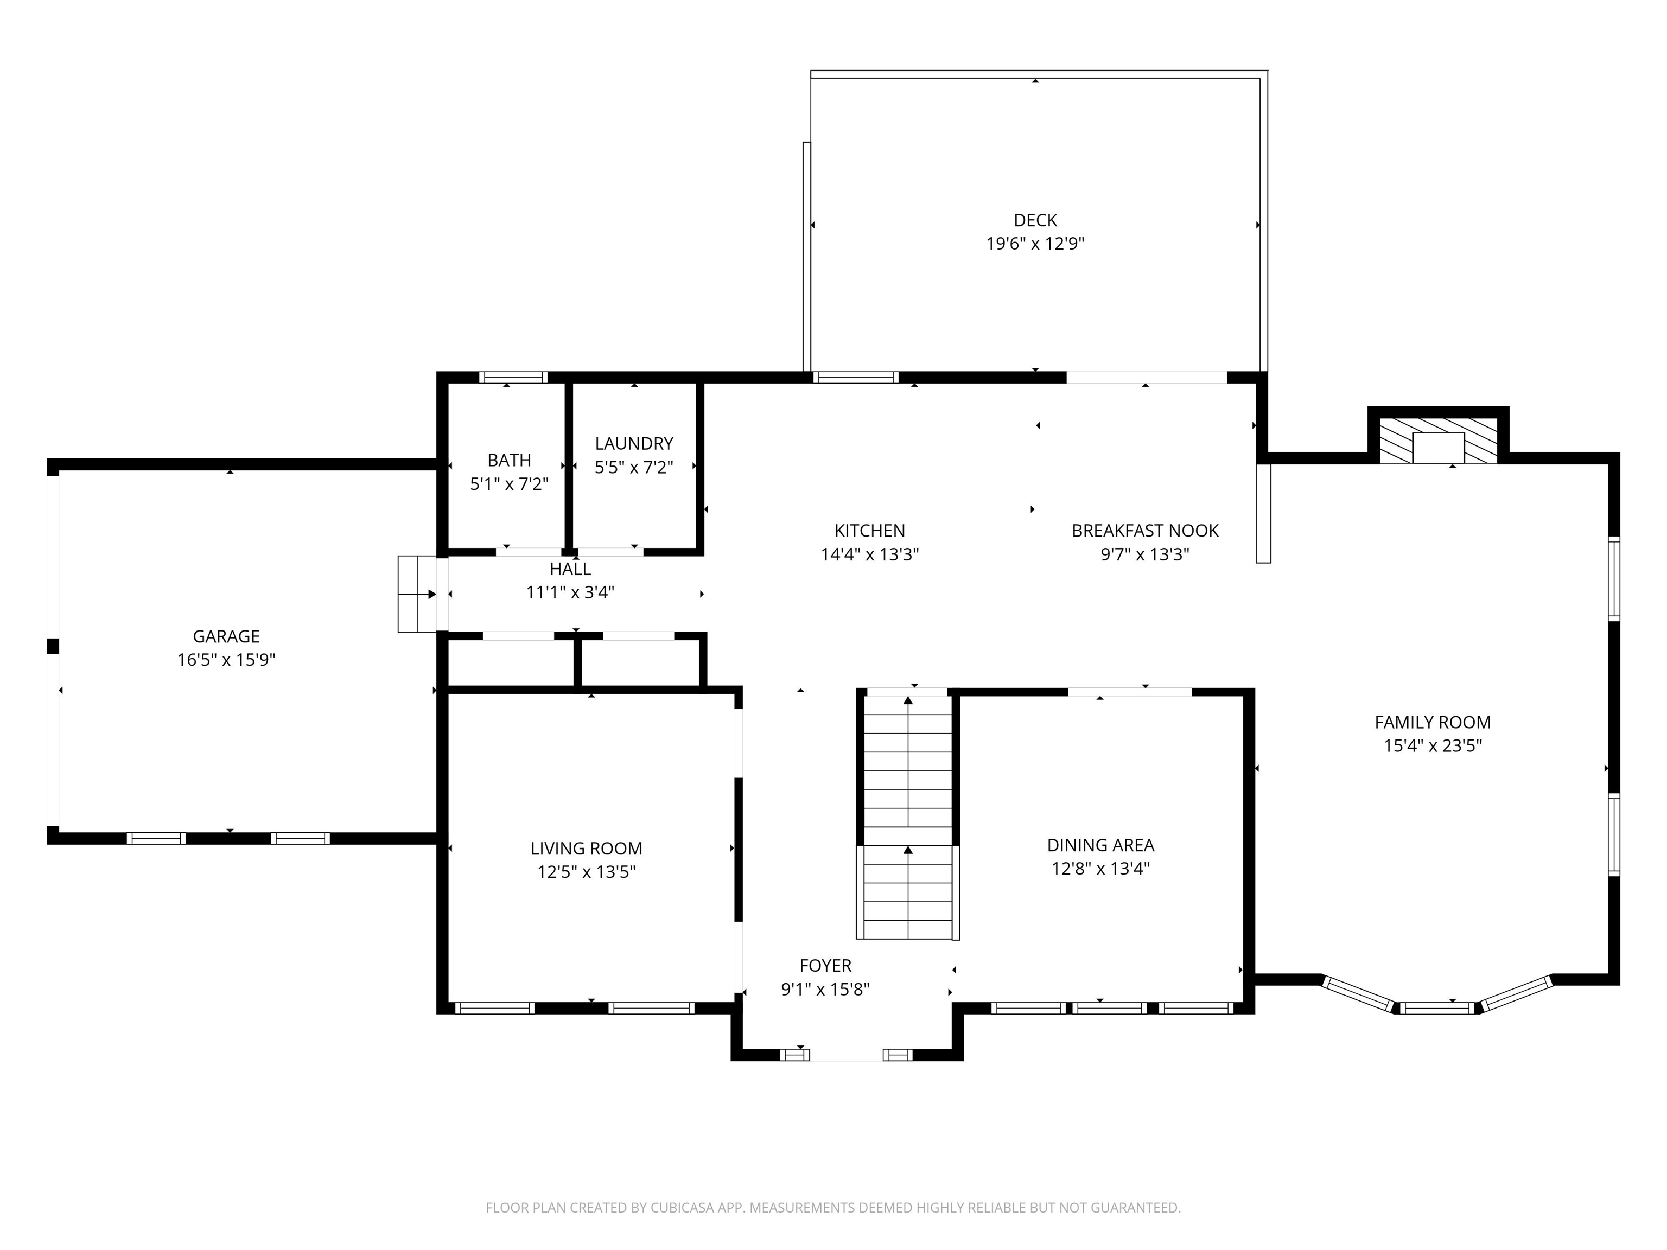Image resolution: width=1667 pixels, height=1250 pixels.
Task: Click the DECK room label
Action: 1035,220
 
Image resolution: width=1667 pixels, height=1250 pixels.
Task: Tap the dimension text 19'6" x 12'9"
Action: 1035,244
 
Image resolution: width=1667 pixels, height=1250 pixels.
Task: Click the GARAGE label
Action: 226,636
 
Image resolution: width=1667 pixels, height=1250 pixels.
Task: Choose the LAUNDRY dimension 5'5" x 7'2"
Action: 633,467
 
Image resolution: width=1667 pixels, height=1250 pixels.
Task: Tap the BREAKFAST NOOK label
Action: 1145,531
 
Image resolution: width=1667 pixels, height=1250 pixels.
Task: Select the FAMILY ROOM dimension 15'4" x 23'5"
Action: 1432,745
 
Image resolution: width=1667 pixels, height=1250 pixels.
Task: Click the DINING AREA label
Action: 1100,845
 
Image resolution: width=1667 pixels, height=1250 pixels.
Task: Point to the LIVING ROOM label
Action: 586,849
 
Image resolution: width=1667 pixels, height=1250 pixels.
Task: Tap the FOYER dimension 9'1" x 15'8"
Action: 825,988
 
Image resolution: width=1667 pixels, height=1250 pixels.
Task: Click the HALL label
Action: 570,569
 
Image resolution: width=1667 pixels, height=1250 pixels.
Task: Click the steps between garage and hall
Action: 417,594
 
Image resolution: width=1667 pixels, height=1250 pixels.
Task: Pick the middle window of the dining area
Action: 1109,1008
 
